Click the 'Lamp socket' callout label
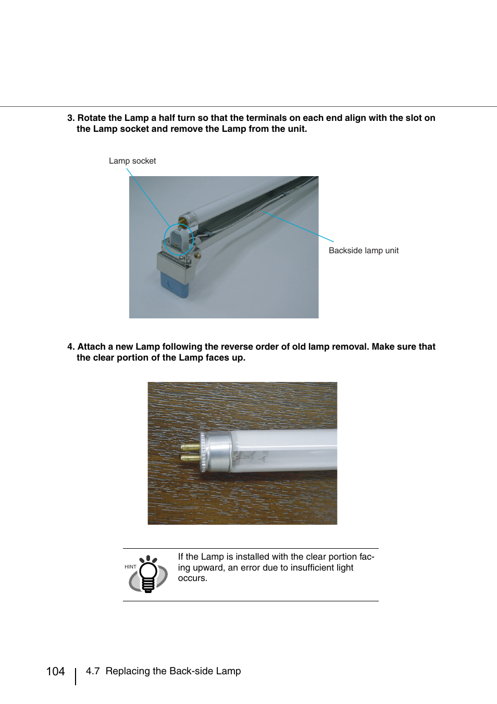(x=132, y=161)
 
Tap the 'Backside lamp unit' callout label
(x=364, y=251)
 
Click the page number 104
(x=55, y=671)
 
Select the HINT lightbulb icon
(x=148, y=574)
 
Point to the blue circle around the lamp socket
(x=179, y=240)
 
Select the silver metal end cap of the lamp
(x=218, y=451)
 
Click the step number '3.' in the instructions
(x=71, y=118)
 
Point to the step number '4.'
(x=71, y=347)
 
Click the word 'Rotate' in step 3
(x=92, y=118)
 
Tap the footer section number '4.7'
(x=93, y=671)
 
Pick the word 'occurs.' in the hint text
(x=193, y=578)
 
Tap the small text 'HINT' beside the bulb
(x=130, y=567)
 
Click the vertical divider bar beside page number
(x=76, y=676)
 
